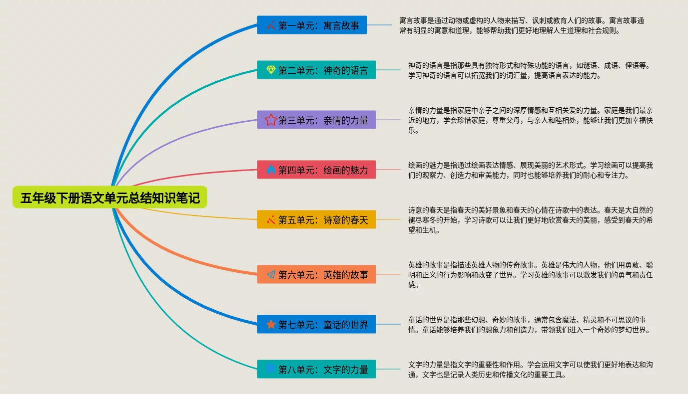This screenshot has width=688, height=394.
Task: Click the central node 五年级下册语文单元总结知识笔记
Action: [x=110, y=198]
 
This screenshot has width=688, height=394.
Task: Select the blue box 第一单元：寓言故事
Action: [x=312, y=25]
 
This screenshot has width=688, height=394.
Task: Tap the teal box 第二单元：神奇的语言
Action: [x=316, y=70]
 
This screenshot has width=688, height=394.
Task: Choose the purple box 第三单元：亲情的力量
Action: [x=316, y=120]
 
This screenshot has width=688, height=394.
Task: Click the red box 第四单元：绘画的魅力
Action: [x=316, y=170]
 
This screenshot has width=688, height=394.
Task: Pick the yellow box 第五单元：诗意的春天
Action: [x=316, y=219]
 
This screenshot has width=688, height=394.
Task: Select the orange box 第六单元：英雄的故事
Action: [x=316, y=274]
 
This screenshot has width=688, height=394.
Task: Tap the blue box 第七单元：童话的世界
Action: [x=316, y=324]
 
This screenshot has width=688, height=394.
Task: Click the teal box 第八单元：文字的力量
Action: [x=316, y=369]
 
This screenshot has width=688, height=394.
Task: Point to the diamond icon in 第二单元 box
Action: [x=271, y=70]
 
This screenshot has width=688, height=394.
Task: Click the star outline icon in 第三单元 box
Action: [x=271, y=120]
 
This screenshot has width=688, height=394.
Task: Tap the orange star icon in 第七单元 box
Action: [x=271, y=324]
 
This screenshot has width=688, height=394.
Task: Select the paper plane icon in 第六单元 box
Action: [x=271, y=274]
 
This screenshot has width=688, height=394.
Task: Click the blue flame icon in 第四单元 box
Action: [x=271, y=170]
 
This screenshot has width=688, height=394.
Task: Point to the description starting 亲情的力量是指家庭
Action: [x=530, y=120]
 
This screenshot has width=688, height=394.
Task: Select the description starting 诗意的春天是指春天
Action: [x=530, y=220]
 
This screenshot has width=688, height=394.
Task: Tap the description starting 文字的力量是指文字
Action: [x=530, y=370]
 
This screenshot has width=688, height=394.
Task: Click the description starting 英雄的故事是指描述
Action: [x=530, y=275]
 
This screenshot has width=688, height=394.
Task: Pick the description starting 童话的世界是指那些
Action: [x=530, y=325]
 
